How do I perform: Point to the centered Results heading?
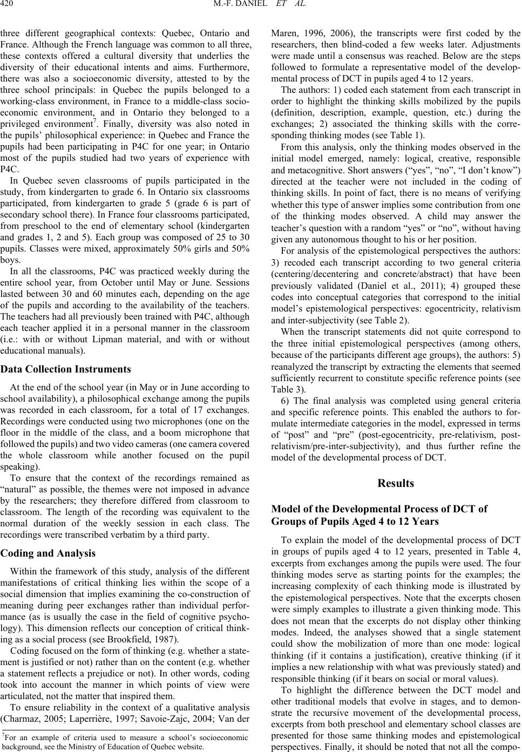coord(396,483)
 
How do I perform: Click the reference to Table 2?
coord(368,319)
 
